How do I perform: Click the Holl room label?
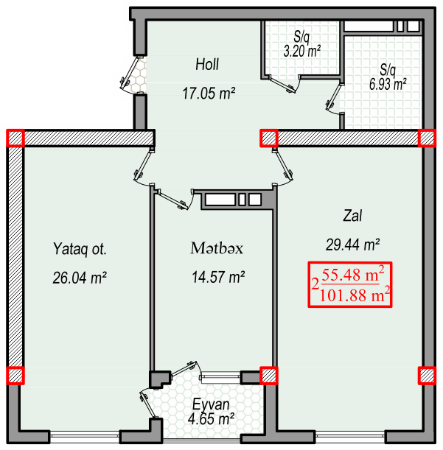[207, 64]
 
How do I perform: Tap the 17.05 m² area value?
[209, 94]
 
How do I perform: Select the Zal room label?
[352, 216]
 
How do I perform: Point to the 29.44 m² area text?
[353, 245]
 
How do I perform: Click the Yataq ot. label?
[80, 249]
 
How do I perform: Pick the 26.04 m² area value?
[80, 278]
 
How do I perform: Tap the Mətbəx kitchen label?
[217, 248]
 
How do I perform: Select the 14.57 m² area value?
[218, 277]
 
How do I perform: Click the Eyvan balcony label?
[211, 404]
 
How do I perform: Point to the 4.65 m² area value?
[211, 419]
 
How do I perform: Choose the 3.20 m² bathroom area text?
[302, 51]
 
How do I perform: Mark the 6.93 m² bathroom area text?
[388, 84]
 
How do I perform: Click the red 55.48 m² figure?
[353, 275]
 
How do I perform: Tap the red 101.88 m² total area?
[355, 295]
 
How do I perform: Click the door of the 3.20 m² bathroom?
[285, 84]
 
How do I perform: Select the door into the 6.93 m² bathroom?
[335, 98]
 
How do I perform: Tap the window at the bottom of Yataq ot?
[85, 437]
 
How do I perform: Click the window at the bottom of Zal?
[349, 437]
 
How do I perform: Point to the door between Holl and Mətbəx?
[175, 199]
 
